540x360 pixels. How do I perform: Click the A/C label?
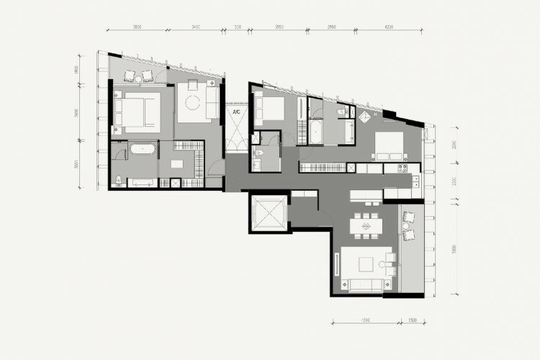[235, 112]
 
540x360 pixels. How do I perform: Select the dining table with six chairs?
[366, 227]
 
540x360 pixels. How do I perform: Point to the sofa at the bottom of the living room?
[361, 285]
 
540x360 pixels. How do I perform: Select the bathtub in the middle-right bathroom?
[318, 132]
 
